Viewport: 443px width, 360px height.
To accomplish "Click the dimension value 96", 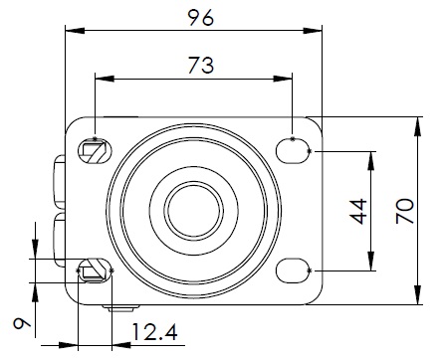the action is click(x=201, y=18).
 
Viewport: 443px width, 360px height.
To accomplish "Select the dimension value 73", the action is click(x=201, y=65).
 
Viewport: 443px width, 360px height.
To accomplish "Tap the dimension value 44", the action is click(x=358, y=211).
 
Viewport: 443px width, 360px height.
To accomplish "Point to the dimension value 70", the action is click(x=405, y=211).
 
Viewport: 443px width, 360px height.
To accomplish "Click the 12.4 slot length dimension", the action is click(x=154, y=332).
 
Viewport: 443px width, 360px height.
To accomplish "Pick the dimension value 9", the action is click(x=22, y=323).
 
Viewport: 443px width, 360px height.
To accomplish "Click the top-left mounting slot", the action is click(x=95, y=151).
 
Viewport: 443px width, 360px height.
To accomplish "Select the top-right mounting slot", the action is click(x=293, y=151).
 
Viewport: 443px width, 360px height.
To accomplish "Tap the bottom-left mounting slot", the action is click(x=95, y=270).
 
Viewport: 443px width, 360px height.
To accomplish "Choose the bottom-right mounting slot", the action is click(x=293, y=270).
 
